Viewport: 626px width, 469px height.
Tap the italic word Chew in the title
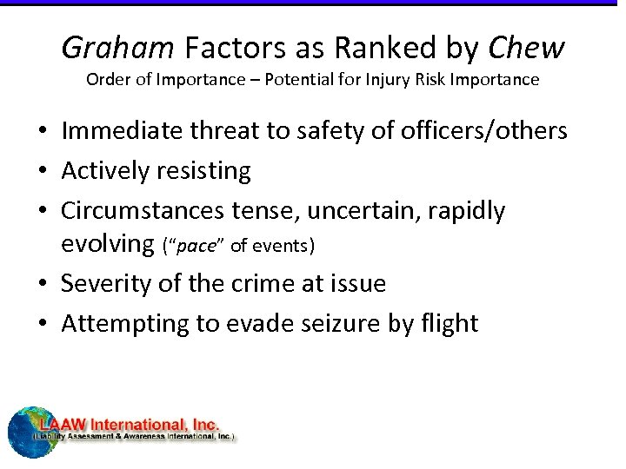point(527,49)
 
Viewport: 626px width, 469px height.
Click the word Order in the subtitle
point(107,80)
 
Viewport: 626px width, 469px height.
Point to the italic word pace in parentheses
point(195,246)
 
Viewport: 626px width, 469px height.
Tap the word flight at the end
point(448,323)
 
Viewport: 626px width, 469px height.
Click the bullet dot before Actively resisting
point(43,172)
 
